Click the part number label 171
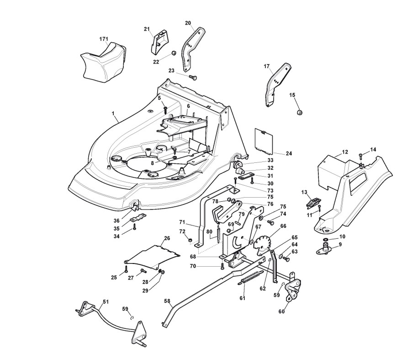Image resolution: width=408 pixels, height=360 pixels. click(104, 39)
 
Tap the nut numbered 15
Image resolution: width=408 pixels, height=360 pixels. click(300, 113)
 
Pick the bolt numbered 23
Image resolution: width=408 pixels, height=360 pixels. click(193, 77)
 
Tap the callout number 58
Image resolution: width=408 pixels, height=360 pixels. click(167, 301)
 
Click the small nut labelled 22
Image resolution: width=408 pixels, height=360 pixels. click(174, 54)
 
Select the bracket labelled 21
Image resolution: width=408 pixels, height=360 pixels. click(160, 42)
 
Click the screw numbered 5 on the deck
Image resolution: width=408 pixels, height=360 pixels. click(165, 109)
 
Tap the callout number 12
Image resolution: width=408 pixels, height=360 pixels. click(345, 152)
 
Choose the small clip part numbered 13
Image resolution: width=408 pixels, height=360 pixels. click(313, 202)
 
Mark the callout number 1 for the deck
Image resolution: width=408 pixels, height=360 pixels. click(113, 113)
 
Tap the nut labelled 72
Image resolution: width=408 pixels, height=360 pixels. click(191, 240)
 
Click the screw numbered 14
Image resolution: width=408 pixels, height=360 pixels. click(360, 156)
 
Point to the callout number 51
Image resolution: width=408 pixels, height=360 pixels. click(106, 302)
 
